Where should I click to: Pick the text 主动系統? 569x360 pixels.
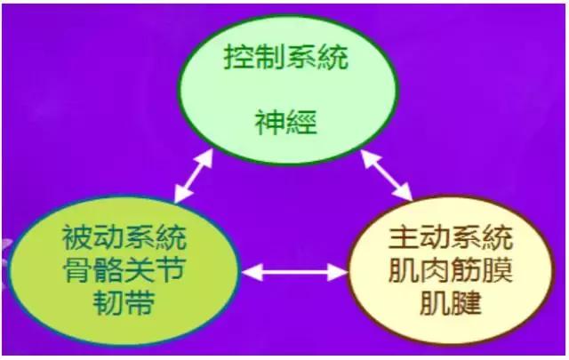pyautogui.click(x=448, y=239)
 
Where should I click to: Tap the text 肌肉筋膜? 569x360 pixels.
pyautogui.click(x=448, y=271)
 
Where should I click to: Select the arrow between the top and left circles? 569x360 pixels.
pyautogui.click(x=193, y=176)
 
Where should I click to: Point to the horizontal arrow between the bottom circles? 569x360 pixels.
pyautogui.click(x=297, y=268)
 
